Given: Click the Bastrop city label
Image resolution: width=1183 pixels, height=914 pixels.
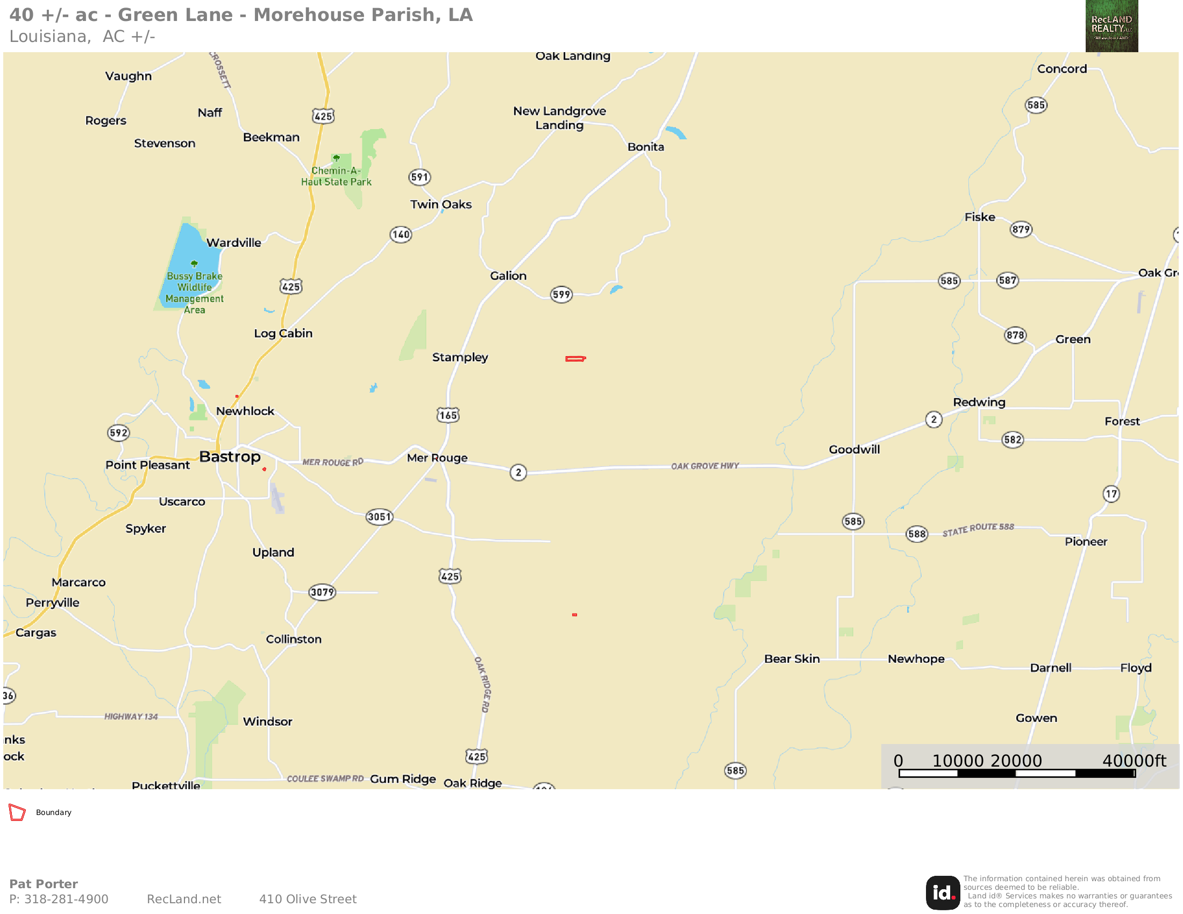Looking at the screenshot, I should click(x=230, y=457).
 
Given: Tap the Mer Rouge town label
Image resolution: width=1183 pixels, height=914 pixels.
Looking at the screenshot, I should click(x=437, y=458).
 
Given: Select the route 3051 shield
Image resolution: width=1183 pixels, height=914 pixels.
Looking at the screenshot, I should click(x=379, y=516).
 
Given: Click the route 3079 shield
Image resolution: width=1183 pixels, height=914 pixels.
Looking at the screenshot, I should click(x=322, y=592).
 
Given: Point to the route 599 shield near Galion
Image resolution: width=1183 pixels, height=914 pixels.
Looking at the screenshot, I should click(x=561, y=295).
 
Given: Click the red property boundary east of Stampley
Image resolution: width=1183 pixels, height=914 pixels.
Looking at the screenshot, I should click(x=575, y=359).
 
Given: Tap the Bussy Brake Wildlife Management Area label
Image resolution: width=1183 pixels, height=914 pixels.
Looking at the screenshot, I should click(x=195, y=293).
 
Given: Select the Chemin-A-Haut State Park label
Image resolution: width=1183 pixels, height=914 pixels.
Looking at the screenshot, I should click(x=337, y=176).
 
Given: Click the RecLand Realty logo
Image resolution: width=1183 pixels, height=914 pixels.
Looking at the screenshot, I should click(x=1111, y=26).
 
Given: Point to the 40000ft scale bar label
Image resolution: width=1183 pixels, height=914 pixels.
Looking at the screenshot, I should click(x=1134, y=761).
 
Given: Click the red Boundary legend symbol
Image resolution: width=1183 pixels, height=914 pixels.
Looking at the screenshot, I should click(x=17, y=812).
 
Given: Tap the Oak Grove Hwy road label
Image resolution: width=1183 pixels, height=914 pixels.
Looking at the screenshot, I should click(x=705, y=466).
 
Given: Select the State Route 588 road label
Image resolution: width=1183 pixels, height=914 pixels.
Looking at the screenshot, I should click(x=978, y=529).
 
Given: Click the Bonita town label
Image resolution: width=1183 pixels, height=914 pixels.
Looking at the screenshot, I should click(x=646, y=147).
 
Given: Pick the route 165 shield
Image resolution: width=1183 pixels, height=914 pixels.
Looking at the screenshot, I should click(x=448, y=415).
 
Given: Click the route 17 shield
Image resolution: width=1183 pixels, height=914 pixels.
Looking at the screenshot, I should click(x=1111, y=493).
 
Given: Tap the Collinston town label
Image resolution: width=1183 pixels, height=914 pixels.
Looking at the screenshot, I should click(x=294, y=639).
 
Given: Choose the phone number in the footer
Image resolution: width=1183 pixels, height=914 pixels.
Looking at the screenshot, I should click(x=59, y=899).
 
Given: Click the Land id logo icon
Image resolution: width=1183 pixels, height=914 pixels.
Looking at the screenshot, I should click(x=943, y=893).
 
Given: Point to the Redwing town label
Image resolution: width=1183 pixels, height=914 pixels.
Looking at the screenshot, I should click(x=979, y=402).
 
